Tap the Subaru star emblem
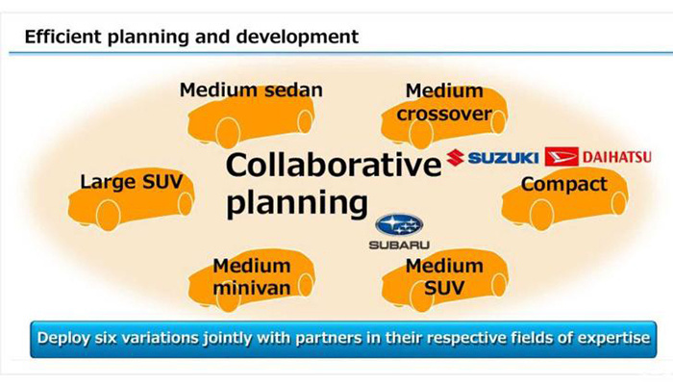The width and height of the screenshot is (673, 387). click(399, 225)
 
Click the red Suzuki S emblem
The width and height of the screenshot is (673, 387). click(455, 157)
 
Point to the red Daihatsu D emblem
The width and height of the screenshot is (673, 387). click(561, 157)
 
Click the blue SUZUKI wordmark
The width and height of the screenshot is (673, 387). click(503, 158)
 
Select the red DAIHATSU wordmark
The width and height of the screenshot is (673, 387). click(617, 157)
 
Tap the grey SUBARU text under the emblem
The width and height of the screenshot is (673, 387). click(399, 245)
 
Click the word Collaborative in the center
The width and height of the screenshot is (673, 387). click(334, 166)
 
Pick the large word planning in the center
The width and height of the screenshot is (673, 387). click(297, 203)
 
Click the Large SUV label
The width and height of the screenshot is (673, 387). click(132, 182)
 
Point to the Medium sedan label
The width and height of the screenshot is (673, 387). click(251, 90)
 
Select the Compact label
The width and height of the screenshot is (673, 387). click(564, 185)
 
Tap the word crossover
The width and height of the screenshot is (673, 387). click(444, 114)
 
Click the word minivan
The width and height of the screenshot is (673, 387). click(252, 288)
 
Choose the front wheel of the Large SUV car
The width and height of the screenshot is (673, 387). click(108, 215)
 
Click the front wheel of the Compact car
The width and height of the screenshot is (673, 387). click(541, 214)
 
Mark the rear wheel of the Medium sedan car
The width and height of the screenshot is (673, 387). click(306, 121)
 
